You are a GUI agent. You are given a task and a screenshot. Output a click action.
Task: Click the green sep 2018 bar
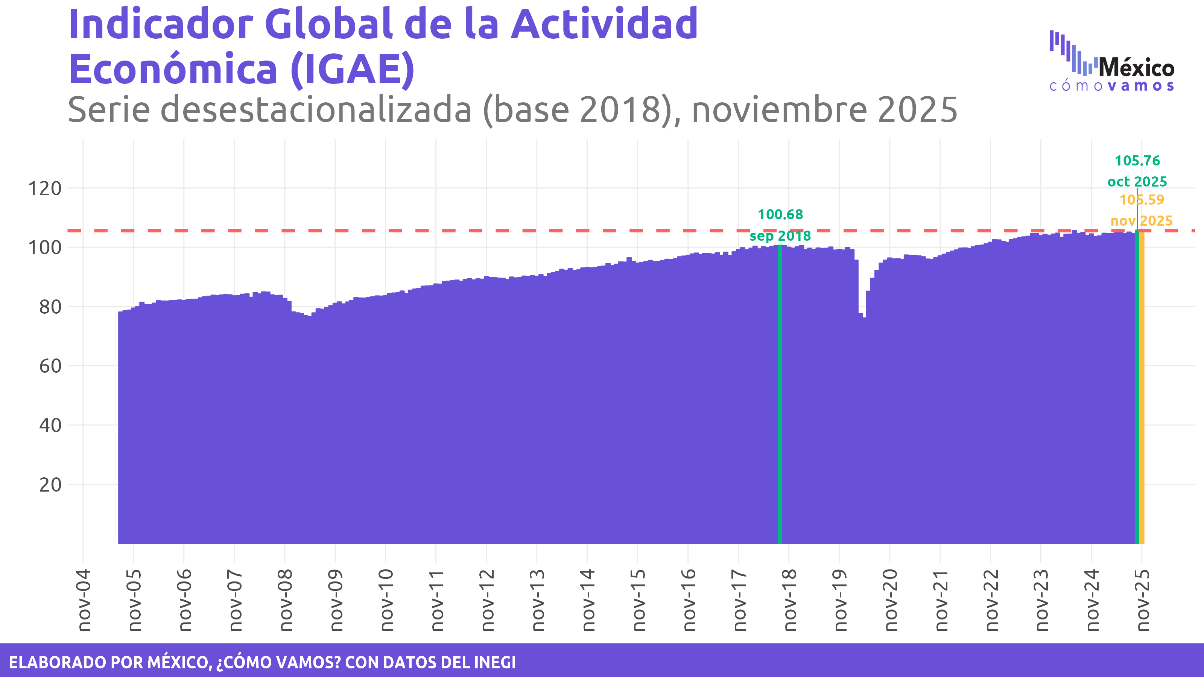tap(780, 397)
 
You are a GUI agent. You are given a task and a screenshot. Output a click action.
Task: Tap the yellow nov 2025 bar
tap(1142, 397)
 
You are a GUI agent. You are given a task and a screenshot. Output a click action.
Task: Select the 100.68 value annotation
tap(780, 214)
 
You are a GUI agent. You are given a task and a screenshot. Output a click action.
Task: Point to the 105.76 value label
tap(1137, 161)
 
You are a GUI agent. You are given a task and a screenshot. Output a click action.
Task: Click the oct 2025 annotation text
tap(1137, 182)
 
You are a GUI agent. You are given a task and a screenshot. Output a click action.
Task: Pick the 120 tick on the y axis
tap(45, 189)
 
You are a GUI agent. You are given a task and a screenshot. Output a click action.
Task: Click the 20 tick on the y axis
tap(50, 485)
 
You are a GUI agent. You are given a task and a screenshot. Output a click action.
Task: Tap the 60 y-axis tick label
tap(50, 366)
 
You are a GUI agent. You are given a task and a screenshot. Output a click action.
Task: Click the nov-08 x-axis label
tap(285, 600)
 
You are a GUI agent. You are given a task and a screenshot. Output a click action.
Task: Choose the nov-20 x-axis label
tap(890, 600)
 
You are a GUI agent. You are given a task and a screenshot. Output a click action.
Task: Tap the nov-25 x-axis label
tap(1142, 600)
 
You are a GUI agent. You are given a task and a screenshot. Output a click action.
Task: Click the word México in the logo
tap(1136, 68)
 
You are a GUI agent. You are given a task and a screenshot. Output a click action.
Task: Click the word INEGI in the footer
tap(495, 662)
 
